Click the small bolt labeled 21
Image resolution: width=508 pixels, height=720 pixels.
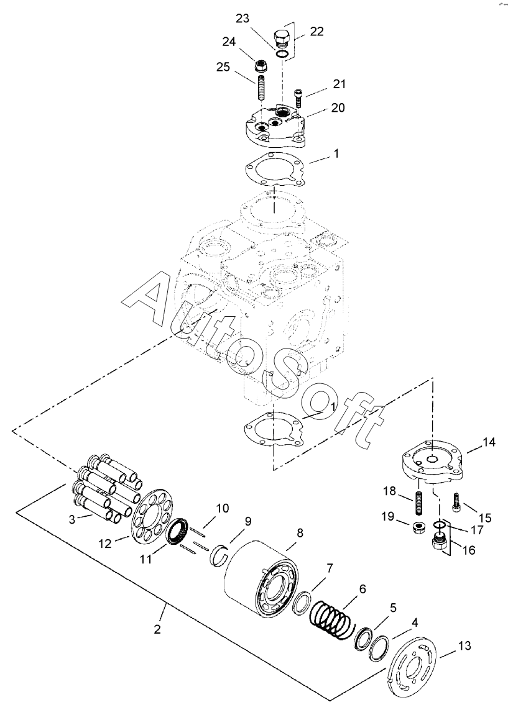click(298, 98)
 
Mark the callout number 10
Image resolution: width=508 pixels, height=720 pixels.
click(222, 508)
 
